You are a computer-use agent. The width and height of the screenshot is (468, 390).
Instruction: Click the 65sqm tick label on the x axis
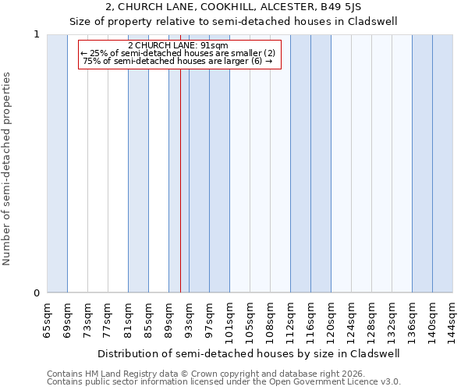click(47, 319)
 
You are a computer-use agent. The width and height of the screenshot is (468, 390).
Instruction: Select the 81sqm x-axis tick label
click(128, 319)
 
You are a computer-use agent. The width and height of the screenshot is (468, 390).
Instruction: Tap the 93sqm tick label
click(189, 319)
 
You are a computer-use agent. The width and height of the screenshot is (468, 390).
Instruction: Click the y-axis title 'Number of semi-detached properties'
click(8, 169)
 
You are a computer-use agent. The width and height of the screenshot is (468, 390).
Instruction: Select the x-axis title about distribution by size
click(249, 353)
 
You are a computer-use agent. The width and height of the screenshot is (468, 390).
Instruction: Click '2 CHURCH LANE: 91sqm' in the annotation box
click(178, 45)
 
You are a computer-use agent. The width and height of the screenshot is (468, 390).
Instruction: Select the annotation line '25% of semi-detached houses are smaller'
click(178, 53)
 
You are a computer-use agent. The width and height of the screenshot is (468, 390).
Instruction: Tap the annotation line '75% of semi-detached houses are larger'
click(178, 61)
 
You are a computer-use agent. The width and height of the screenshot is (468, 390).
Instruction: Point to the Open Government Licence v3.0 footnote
click(224, 382)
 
